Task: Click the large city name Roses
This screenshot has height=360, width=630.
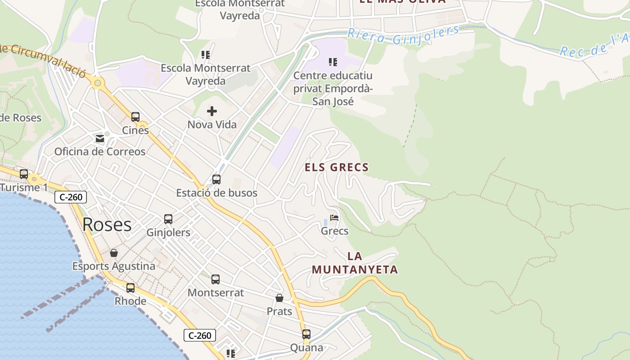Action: (x=107, y=225)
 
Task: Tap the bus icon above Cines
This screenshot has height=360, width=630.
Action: (x=135, y=117)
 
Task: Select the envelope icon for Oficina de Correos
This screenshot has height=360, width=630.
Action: (x=99, y=138)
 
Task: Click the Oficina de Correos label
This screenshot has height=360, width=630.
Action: (x=100, y=152)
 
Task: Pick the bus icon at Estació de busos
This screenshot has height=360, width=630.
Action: (x=216, y=180)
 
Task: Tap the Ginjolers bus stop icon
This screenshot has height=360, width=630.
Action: (x=168, y=219)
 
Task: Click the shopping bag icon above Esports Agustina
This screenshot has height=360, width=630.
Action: (x=114, y=253)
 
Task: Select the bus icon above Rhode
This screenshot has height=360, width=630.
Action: (x=130, y=288)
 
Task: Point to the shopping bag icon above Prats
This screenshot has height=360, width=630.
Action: (x=279, y=298)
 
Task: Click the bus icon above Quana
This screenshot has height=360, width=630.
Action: (x=306, y=334)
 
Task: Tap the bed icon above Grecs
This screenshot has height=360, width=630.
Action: (x=334, y=218)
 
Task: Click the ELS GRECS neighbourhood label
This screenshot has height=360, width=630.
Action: (x=337, y=167)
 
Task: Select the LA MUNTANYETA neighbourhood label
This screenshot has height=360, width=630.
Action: (x=355, y=263)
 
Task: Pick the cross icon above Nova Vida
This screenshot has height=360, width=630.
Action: (x=212, y=111)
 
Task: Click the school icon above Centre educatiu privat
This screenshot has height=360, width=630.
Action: (x=333, y=62)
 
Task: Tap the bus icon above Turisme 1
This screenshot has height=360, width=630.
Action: (x=24, y=174)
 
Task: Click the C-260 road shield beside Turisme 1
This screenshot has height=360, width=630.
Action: (x=71, y=197)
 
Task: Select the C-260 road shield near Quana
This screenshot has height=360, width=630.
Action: (x=200, y=335)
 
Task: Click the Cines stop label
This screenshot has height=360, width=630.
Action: (x=135, y=130)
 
